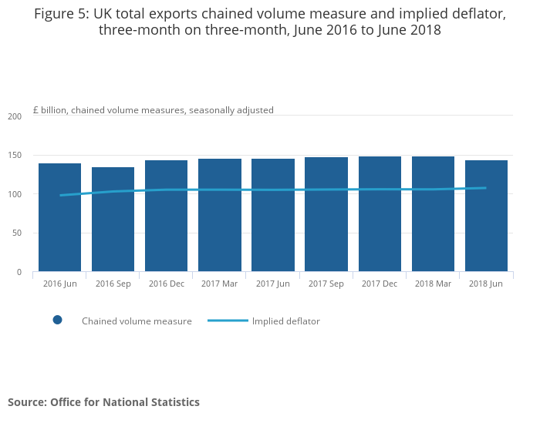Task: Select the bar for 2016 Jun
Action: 59,217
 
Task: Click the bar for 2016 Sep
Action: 113,220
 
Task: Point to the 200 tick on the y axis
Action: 15,116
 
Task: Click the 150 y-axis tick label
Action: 15,156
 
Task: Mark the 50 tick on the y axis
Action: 17,233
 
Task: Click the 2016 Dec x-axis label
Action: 166,284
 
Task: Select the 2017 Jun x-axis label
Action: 272,284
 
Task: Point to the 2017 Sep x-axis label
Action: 326,284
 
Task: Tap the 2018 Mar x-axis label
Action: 432,284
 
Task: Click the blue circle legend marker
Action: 57,321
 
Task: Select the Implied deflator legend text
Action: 285,321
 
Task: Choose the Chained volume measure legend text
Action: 137,321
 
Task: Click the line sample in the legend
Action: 228,321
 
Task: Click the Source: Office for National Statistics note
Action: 103,402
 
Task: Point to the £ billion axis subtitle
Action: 153,110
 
